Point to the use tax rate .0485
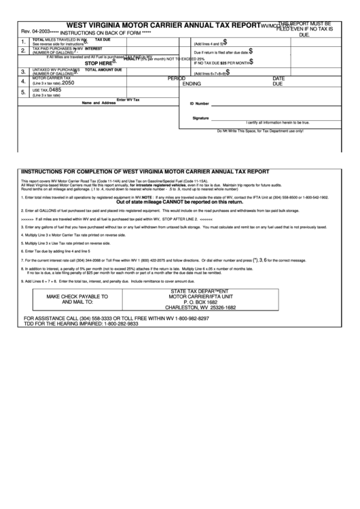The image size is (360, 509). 55,90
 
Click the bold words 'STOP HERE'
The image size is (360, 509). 98,63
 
